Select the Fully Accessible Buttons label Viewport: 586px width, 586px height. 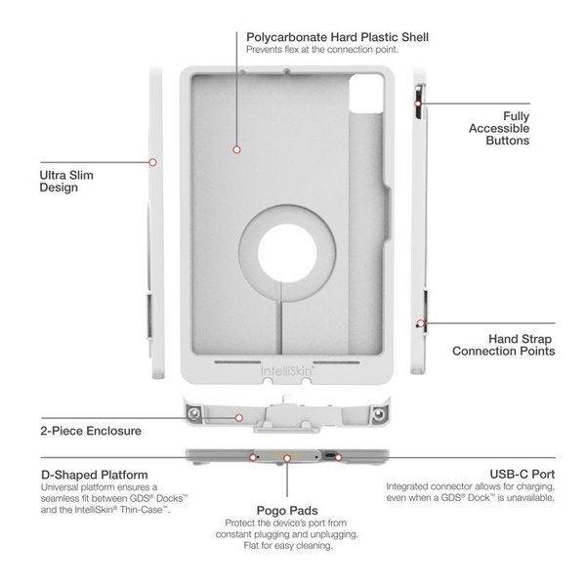(x=502, y=128)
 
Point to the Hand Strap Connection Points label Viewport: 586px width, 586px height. (x=504, y=344)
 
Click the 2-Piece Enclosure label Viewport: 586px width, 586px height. (x=91, y=431)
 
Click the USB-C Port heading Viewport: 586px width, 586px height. (x=522, y=474)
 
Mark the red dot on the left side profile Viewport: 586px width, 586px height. (x=152, y=162)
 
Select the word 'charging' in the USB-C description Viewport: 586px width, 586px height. (x=522, y=485)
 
